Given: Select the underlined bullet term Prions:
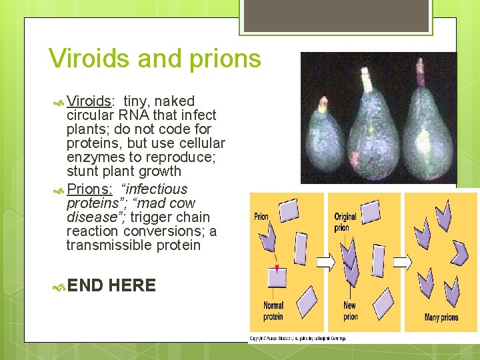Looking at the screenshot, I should point(89,189).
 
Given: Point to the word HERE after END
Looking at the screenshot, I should point(132,286).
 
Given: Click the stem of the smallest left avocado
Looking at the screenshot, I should point(323,104).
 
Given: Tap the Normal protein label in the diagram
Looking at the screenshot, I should point(273,311).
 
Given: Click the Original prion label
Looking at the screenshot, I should point(345,222).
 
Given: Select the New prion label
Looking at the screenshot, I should point(350,311).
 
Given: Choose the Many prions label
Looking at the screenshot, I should point(441,317).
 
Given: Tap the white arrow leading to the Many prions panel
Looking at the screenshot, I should point(402,261).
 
